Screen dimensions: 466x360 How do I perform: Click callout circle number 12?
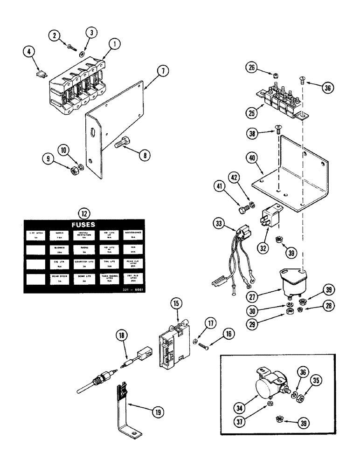click(x=84, y=214)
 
